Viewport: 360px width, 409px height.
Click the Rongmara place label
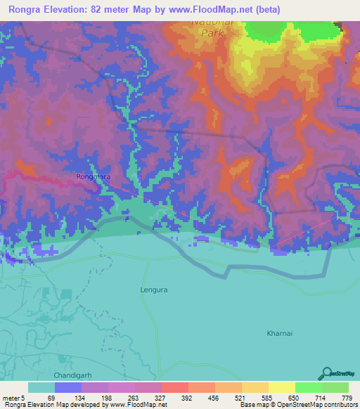click(x=93, y=178)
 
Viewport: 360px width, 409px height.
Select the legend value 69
click(x=50, y=398)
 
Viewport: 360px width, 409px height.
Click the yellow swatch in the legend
click(x=281, y=387)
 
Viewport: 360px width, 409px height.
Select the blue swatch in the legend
click(x=68, y=387)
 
